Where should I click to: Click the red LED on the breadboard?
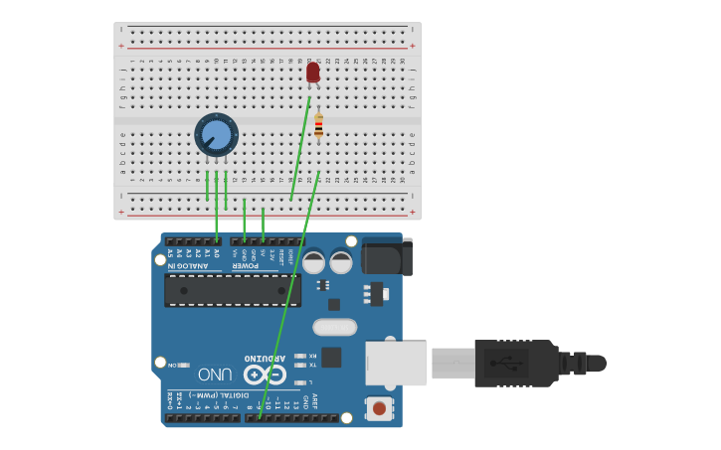313,73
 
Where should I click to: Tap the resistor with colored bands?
318,125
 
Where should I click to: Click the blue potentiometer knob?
216,135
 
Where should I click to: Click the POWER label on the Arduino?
247,265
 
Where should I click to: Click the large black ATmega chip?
233,289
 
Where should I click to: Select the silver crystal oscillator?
334,327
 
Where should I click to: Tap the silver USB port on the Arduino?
396,363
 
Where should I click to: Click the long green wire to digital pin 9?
289,298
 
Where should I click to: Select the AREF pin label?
315,401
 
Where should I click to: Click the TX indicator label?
313,365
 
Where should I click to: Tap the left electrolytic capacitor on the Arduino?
313,262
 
